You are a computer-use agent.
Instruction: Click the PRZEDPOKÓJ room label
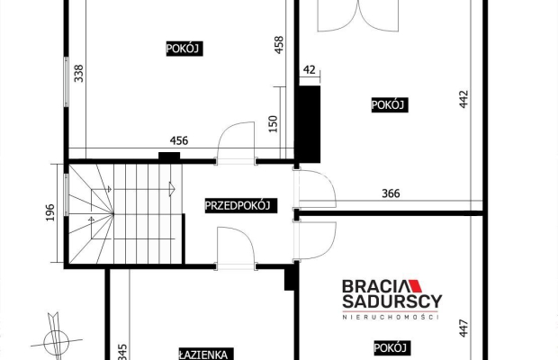pos(239,205)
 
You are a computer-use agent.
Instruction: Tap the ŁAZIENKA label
pos(206,354)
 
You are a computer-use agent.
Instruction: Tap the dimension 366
pos(390,193)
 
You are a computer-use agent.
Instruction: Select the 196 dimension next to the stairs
pos(51,212)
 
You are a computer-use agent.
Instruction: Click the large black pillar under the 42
pos(309,117)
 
